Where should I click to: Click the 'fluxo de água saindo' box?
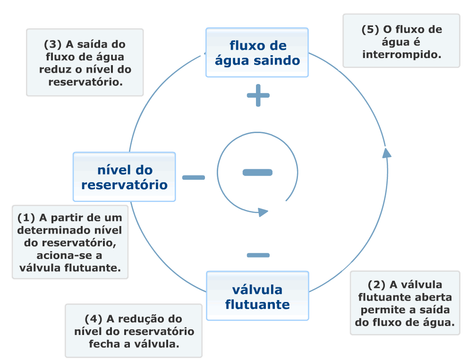tap(257, 52)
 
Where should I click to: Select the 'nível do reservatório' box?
tap(124, 177)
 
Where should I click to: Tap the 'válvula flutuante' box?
tap(257, 296)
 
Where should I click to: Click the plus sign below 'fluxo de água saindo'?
tap(258, 96)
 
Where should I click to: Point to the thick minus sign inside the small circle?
tap(257, 172)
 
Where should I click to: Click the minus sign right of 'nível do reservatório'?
tap(194, 177)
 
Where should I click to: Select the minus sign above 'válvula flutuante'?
tap(258, 255)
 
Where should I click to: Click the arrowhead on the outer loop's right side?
tap(386, 152)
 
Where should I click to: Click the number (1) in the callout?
tap(26, 218)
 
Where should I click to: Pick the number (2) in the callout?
tap(376, 285)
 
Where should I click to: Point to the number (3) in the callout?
tap(53, 44)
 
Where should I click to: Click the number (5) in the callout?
tap(371, 29)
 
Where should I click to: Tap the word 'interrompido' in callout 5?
tap(401, 55)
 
